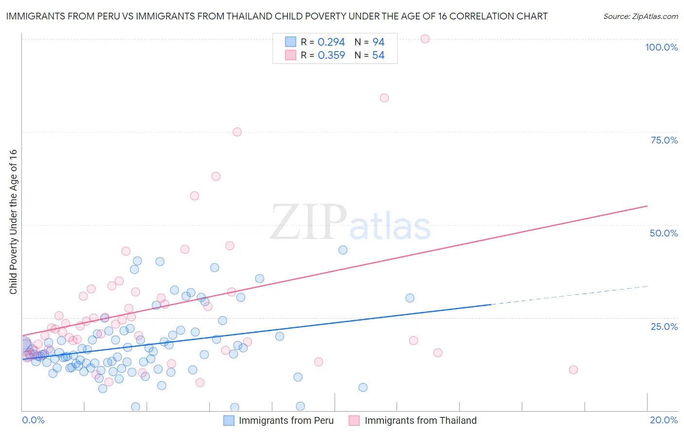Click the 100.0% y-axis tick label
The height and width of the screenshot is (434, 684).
[x=661, y=47]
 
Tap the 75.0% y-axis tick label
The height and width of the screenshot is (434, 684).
[x=664, y=140]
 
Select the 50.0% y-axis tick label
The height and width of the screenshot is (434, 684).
[x=664, y=233]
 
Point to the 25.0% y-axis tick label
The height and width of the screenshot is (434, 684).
[x=664, y=326]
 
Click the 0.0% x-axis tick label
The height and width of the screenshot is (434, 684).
[x=33, y=420]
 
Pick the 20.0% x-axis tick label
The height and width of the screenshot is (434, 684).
[x=664, y=420]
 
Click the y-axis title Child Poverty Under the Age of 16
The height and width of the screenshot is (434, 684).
[x=13, y=221]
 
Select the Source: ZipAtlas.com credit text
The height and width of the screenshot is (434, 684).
[x=640, y=16]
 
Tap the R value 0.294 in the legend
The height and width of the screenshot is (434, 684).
[x=331, y=42]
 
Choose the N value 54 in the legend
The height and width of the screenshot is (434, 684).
[x=378, y=55]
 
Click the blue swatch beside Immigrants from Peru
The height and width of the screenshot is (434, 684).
[x=229, y=420]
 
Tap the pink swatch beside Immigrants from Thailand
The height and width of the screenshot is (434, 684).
[x=354, y=420]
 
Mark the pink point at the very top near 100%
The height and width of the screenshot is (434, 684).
[x=425, y=39]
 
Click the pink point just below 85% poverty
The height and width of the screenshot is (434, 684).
[x=384, y=98]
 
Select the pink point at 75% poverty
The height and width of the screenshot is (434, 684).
[x=237, y=132]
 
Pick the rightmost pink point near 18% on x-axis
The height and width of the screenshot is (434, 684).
[x=573, y=370]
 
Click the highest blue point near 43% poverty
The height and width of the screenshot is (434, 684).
[x=343, y=250]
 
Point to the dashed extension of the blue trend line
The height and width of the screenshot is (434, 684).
[x=569, y=295]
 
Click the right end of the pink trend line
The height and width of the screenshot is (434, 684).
[x=647, y=206]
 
